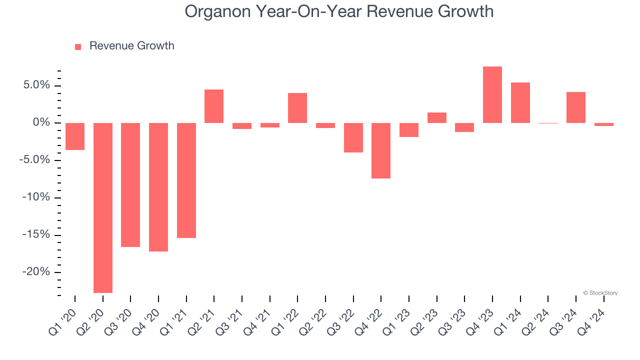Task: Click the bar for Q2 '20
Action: (x=103, y=207)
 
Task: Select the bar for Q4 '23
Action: (x=492, y=95)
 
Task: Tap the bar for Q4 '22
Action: (x=381, y=150)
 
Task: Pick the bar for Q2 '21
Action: (x=214, y=106)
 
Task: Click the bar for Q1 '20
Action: (x=75, y=136)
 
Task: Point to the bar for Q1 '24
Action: (x=520, y=103)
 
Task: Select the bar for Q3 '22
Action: (x=353, y=137)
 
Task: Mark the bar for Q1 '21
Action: (x=186, y=180)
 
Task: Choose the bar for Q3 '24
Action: (x=576, y=107)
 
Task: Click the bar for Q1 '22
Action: (x=297, y=108)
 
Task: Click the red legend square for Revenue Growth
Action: (x=78, y=47)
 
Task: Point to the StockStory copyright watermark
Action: (x=600, y=293)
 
